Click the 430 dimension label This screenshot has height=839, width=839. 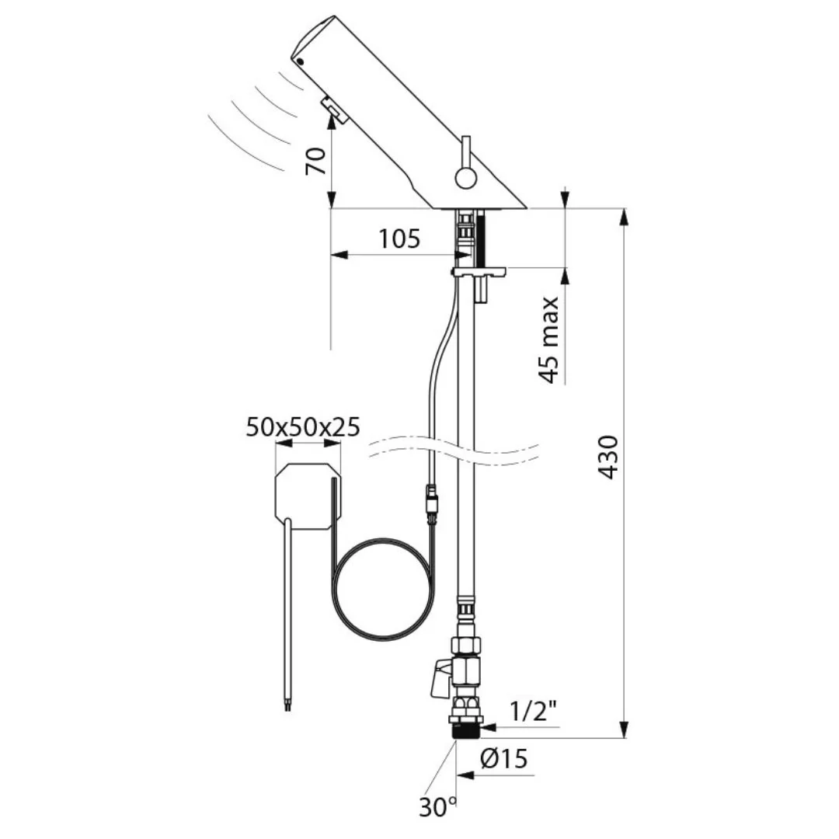608,457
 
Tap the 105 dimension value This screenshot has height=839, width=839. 399,238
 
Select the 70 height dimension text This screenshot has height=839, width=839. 315,161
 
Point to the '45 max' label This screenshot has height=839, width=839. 549,339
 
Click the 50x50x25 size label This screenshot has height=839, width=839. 303,427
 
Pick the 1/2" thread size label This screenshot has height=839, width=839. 534,711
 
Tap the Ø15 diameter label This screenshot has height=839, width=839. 504,758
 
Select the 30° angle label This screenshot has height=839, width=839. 437,807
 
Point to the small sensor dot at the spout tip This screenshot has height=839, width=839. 300,61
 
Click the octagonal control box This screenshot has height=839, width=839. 308,496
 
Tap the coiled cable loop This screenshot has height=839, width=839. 381,590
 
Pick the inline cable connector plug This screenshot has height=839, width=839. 432,503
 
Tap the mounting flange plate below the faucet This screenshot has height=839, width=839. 479,272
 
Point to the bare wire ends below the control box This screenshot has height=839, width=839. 288,707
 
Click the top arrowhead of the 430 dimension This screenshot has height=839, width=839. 623,218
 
